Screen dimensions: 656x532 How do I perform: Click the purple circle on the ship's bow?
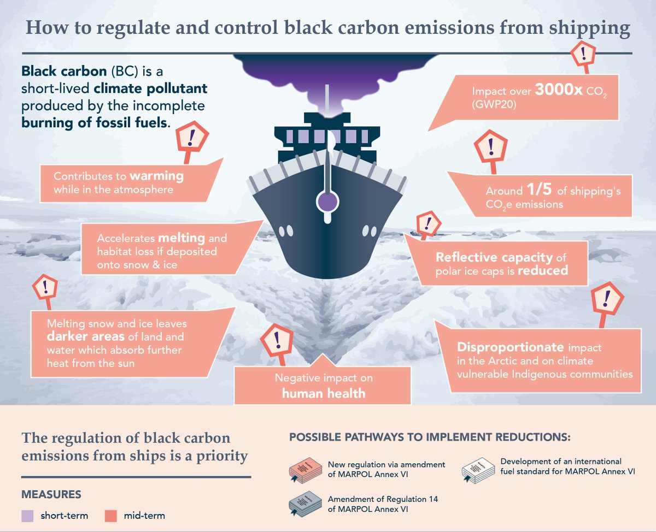tap(327, 201)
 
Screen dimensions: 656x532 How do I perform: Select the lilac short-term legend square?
tap(29, 515)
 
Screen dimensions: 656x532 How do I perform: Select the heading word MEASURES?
tap(51, 495)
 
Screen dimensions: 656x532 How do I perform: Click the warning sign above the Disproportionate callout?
tap(607, 299)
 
